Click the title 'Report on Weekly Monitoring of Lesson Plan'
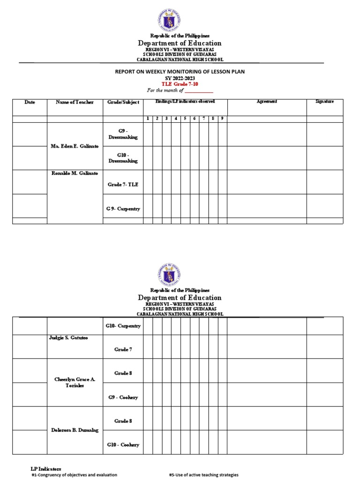click(x=180, y=72)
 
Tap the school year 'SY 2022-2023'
click(x=180, y=78)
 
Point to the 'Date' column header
click(x=30, y=102)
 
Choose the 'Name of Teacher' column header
click(x=75, y=102)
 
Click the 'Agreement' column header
click(x=267, y=101)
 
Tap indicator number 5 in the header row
click(x=185, y=119)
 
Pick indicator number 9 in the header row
click(x=222, y=119)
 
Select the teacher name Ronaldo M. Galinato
click(x=75, y=173)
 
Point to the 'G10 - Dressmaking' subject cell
click(x=122, y=158)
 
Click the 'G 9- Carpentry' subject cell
click(x=123, y=209)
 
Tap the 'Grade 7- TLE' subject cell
click(x=123, y=185)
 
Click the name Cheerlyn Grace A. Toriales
click(x=75, y=382)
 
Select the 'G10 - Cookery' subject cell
click(x=123, y=444)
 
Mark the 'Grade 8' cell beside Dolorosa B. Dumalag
click(x=123, y=421)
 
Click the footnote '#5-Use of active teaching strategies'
click(x=203, y=475)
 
